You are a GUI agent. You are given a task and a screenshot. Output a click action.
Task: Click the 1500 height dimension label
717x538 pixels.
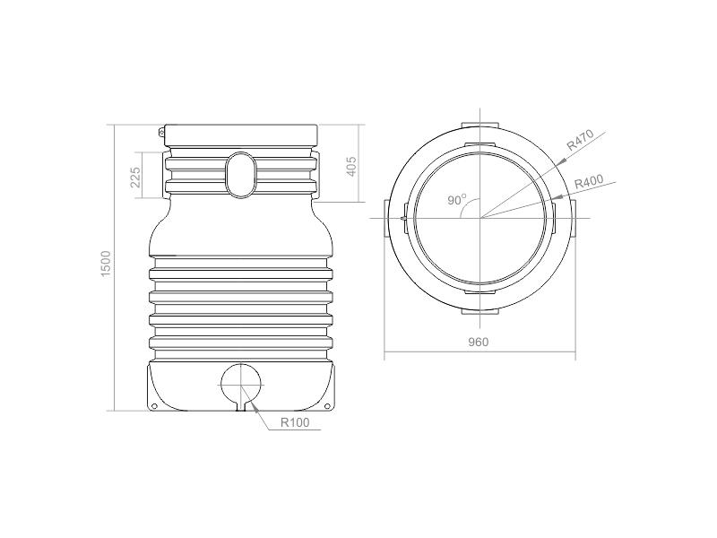point(106,263)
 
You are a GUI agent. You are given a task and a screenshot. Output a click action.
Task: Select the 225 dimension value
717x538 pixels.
point(135,177)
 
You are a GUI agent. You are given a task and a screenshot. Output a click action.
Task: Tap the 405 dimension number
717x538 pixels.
point(350,166)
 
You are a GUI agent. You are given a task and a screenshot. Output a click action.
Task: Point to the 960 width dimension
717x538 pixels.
point(479,342)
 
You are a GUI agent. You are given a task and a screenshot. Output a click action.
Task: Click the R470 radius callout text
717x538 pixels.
point(580,140)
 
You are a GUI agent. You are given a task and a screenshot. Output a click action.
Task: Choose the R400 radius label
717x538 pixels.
point(589,182)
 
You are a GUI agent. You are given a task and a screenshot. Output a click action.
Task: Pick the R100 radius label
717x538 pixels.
point(295,422)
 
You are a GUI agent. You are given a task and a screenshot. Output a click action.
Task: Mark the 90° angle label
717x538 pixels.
point(457,199)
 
